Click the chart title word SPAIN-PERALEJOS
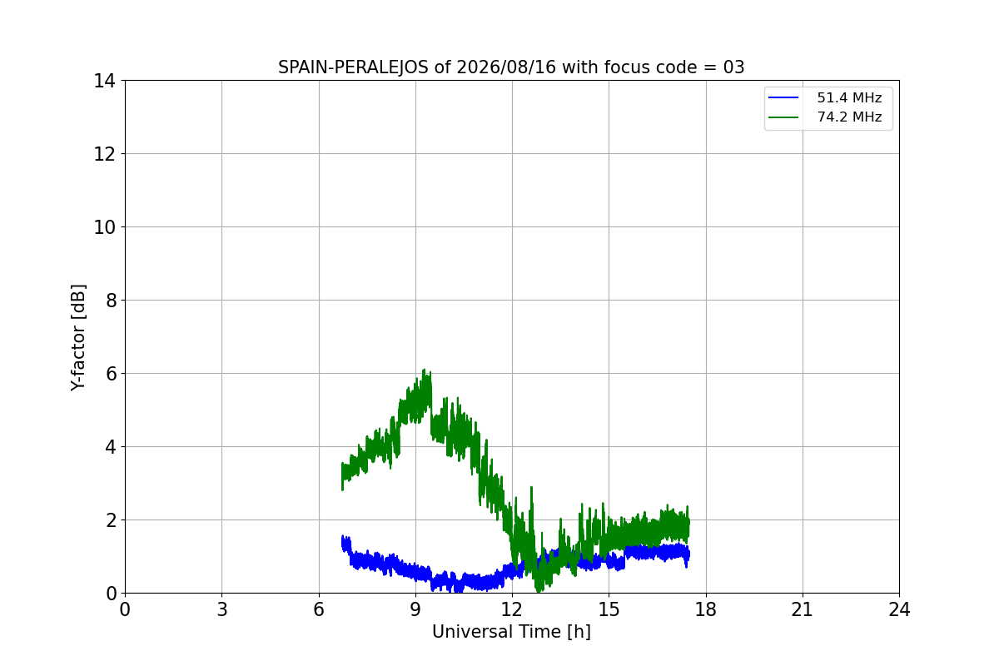pyautogui.click(x=354, y=67)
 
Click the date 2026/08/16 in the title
pyautogui.click(x=507, y=67)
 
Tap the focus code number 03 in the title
pyautogui.click(x=733, y=67)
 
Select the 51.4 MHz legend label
pyautogui.click(x=849, y=97)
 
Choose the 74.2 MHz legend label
pyautogui.click(x=849, y=117)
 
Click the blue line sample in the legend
pyautogui.click(x=783, y=97)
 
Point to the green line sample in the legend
pyautogui.click(x=783, y=117)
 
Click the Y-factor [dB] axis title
pyautogui.click(x=78, y=338)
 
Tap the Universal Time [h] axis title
pyautogui.click(x=511, y=632)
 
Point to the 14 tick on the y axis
pyautogui.click(x=104, y=81)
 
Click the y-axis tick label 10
pyautogui.click(x=104, y=227)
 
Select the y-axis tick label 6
pyautogui.click(x=111, y=374)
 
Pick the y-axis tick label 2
pyautogui.click(x=111, y=520)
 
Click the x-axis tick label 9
pyautogui.click(x=415, y=609)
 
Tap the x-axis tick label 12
pyautogui.click(x=512, y=609)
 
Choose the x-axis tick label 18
pyautogui.click(x=706, y=609)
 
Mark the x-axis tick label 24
pyautogui.click(x=900, y=609)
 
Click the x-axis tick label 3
pyautogui.click(x=222, y=609)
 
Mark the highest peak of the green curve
pyautogui.click(x=424, y=370)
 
